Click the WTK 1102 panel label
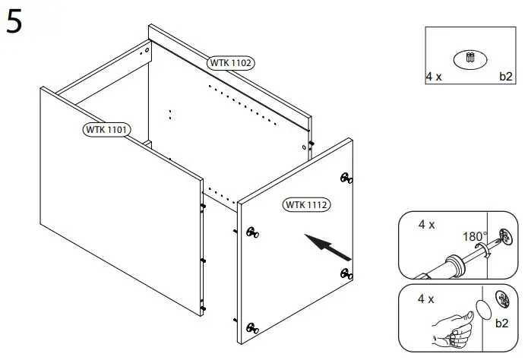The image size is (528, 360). click(231, 63)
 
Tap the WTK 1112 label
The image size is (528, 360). click(308, 204)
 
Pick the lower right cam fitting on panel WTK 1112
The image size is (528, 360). click(346, 274)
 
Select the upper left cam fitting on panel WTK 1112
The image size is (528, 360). click(251, 233)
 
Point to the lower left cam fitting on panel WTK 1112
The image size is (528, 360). click(251, 329)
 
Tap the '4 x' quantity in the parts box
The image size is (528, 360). click(435, 77)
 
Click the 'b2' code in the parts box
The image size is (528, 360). click(505, 77)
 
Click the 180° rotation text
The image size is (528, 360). click(475, 236)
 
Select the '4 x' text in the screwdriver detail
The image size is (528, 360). click(426, 226)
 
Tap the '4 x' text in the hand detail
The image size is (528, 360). click(426, 299)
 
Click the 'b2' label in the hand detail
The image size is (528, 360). click(501, 324)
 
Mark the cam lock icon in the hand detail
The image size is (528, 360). click(501, 298)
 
